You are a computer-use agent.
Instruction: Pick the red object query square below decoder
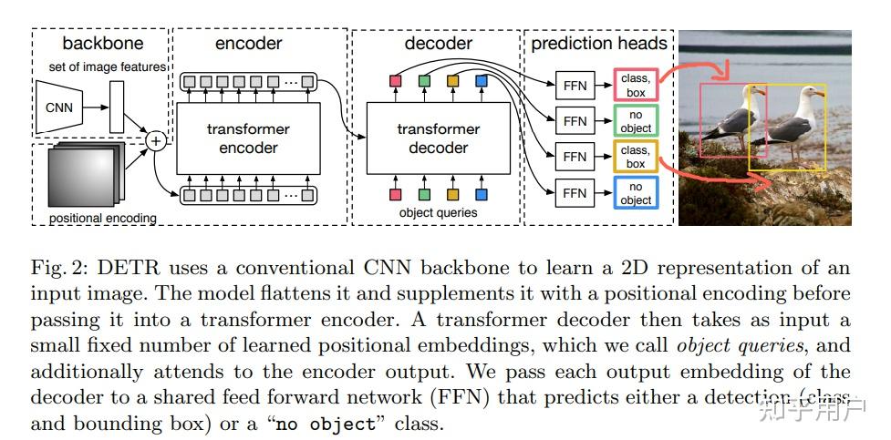(x=395, y=193)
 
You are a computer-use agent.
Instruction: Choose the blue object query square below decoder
(x=481, y=193)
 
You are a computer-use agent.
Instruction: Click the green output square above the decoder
(x=424, y=82)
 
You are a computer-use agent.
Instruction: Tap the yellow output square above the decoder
(x=452, y=82)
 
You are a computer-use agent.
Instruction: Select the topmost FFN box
(x=575, y=87)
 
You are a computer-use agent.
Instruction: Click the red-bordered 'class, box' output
(x=635, y=86)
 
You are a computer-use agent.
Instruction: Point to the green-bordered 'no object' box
(x=635, y=121)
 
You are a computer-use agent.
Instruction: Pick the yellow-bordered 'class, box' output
(x=635, y=157)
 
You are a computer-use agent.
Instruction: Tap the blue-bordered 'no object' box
(x=635, y=192)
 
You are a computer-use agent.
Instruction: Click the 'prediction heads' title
(x=599, y=43)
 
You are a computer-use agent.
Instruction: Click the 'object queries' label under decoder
(x=438, y=213)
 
